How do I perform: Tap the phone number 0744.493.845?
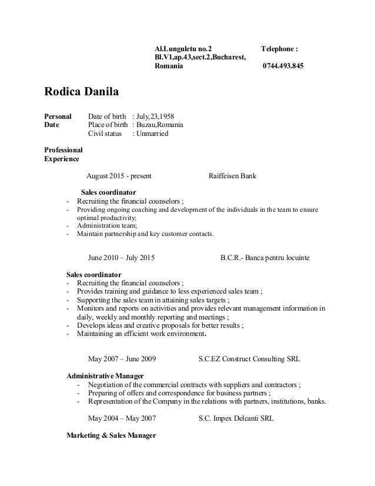click(x=283, y=66)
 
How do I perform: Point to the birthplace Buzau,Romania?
click(x=160, y=125)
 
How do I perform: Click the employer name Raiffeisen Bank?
click(x=232, y=175)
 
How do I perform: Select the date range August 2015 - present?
click(x=119, y=175)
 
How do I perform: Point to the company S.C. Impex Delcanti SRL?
click(x=236, y=419)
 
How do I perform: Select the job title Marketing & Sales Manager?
click(x=111, y=436)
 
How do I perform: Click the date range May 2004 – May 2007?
click(x=122, y=419)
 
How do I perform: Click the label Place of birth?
click(x=108, y=125)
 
